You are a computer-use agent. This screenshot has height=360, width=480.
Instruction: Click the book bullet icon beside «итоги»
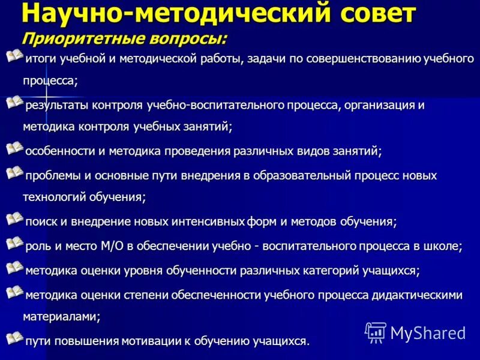(x=14, y=58)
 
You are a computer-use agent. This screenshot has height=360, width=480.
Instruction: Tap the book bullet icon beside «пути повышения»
(x=14, y=338)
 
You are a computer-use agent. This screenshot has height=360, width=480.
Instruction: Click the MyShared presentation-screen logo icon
(x=376, y=332)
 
